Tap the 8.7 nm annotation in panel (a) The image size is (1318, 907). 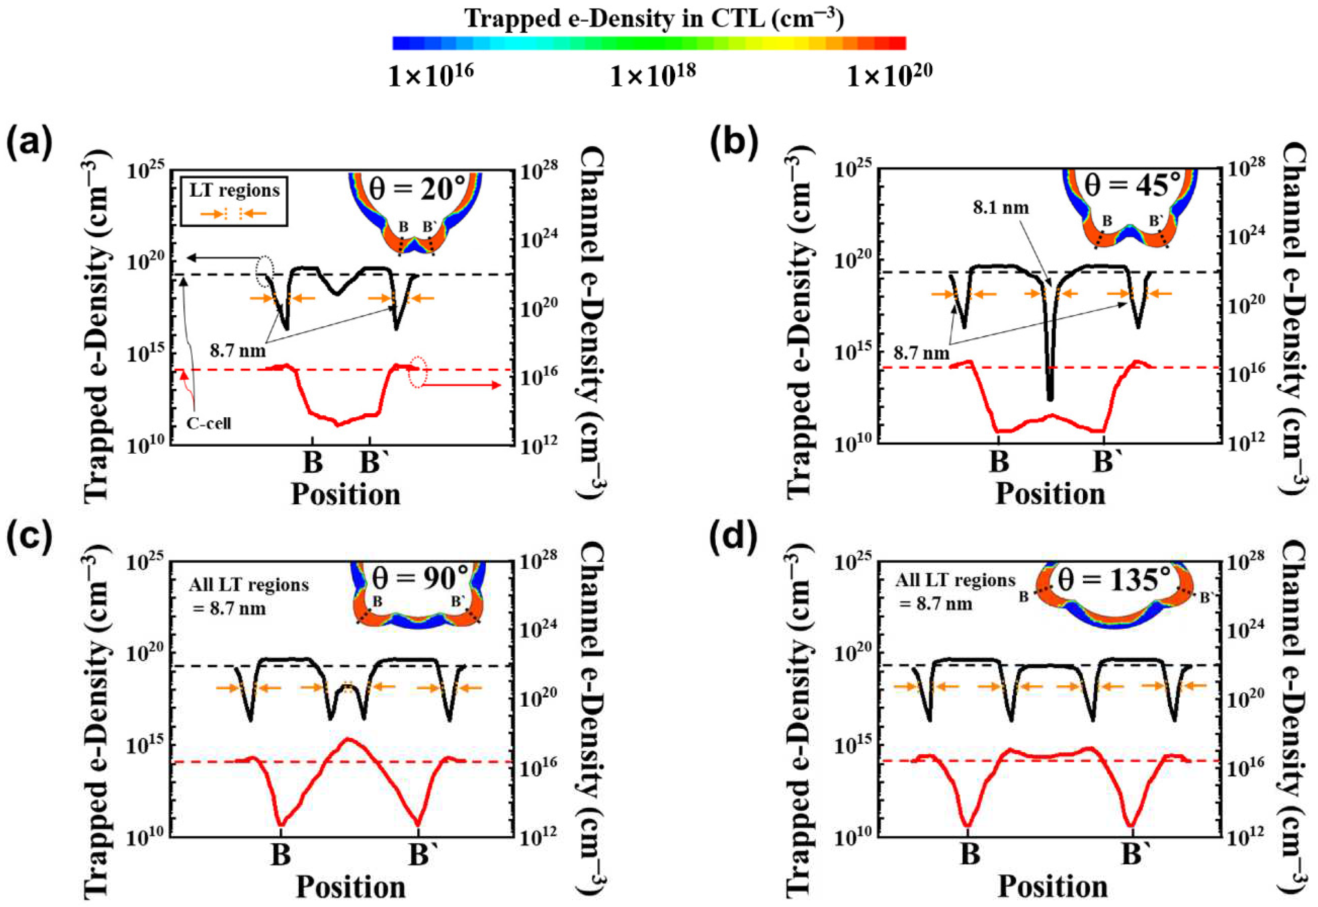click(238, 351)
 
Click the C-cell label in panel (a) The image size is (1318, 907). click(209, 423)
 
